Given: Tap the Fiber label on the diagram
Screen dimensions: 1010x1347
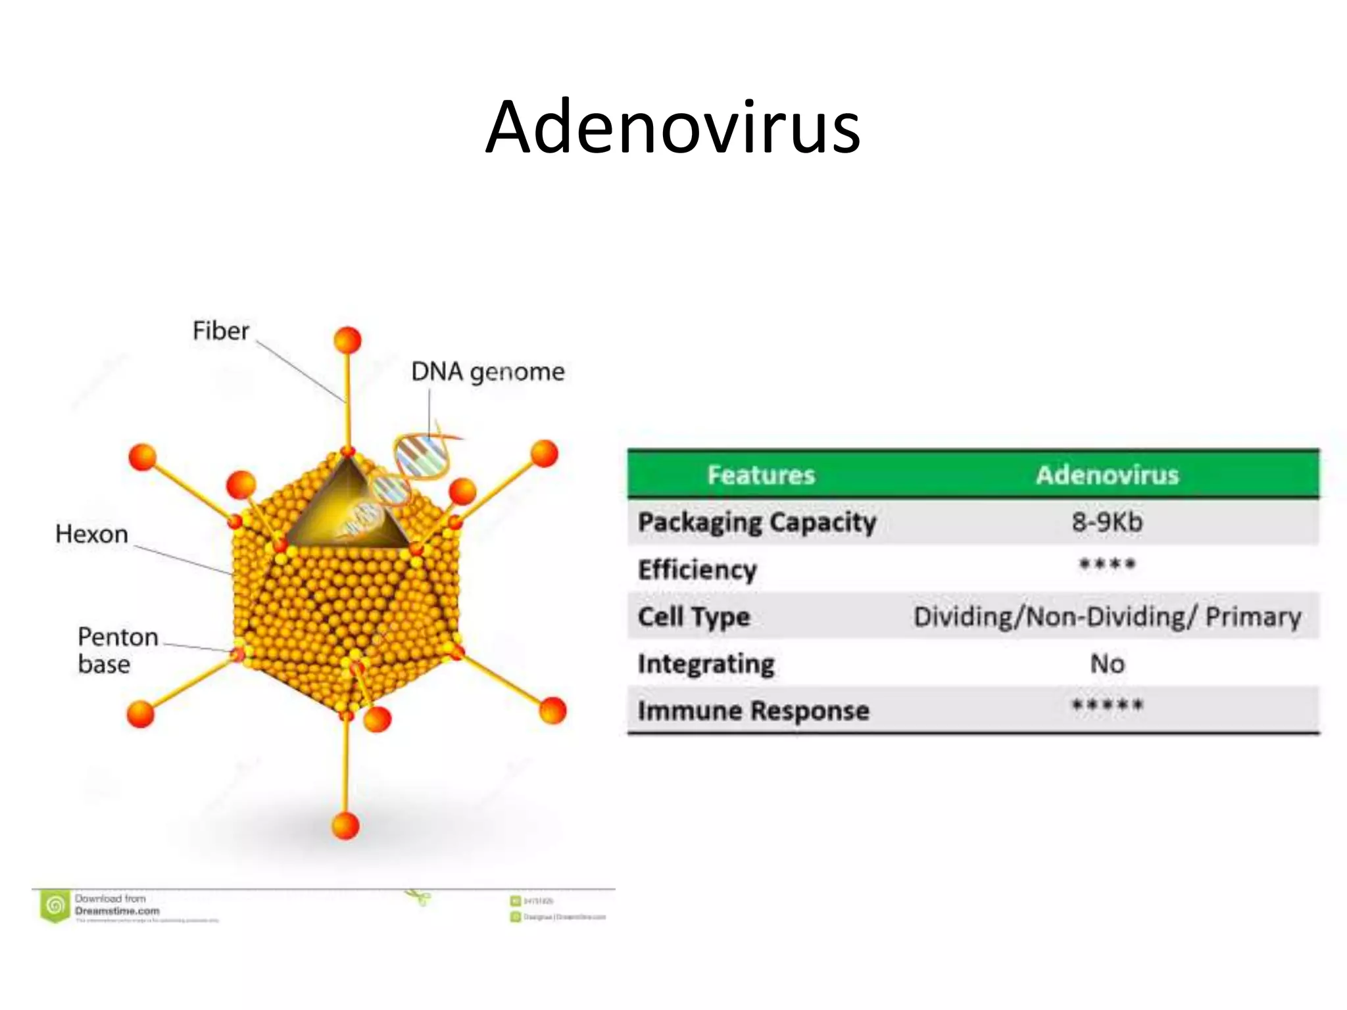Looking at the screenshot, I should pos(221,331).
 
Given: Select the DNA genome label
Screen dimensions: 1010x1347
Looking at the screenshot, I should pos(487,372).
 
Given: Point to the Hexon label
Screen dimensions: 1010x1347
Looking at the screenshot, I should pos(91,534).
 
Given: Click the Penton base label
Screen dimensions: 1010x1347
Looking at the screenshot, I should pos(117,650).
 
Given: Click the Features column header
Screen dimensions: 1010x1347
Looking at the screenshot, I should pos(761,475).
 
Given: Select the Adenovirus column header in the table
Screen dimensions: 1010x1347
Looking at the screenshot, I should pos(1107,475).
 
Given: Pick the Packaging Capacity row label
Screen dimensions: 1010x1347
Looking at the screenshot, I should pos(757,523).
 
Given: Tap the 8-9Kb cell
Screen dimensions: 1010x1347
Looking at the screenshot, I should pos(1107,522).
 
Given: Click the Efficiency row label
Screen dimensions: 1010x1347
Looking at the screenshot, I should pos(697,569).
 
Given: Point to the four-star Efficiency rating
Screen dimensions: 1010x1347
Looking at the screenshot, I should pos(1107,565).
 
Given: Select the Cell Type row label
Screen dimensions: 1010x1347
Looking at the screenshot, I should pos(694,617).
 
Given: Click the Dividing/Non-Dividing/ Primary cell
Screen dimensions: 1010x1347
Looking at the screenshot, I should pos(1107,617).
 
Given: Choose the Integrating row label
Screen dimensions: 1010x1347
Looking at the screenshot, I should pos(706,664).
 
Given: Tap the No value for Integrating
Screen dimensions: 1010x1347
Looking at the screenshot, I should pos(1107,664).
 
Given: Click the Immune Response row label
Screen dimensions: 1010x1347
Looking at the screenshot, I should pos(754,711).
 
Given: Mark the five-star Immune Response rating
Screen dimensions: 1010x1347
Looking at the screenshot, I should pos(1107,706).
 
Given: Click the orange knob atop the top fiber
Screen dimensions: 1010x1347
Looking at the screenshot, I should pos(347,341).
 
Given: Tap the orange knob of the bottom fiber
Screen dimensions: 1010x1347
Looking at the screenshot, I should pos(345,825).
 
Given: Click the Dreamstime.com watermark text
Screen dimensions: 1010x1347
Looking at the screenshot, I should pos(117,911).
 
